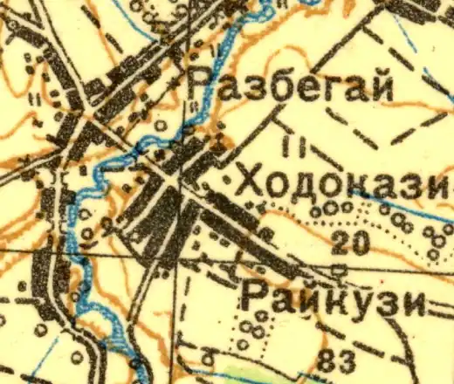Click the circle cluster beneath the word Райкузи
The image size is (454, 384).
(253, 329)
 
